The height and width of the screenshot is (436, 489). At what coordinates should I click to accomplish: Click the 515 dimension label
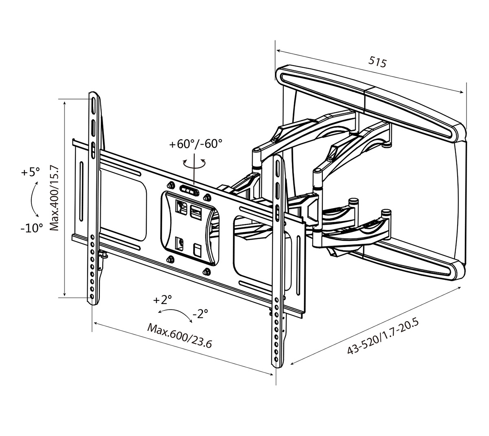(x=377, y=62)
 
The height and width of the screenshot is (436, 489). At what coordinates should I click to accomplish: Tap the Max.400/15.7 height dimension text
(x=54, y=198)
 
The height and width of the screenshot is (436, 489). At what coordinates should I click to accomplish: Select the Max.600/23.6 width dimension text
(x=179, y=336)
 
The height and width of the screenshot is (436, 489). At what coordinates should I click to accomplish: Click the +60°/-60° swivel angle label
(x=196, y=144)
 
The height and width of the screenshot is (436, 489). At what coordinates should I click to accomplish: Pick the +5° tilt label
(x=31, y=172)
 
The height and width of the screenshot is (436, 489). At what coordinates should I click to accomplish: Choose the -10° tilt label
(x=32, y=228)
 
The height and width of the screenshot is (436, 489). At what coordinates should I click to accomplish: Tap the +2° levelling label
(x=163, y=300)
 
